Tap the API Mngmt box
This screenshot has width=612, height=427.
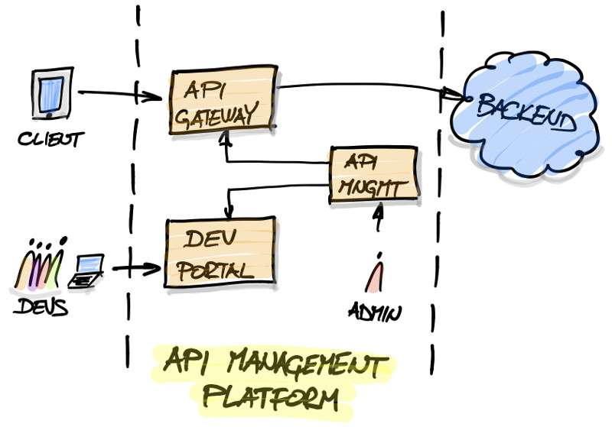click(x=373, y=175)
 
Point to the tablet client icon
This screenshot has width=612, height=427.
click(x=50, y=95)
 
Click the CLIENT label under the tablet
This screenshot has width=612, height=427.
click(x=50, y=140)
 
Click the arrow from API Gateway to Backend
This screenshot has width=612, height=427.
click(x=367, y=86)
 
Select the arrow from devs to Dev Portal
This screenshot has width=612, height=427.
click(x=136, y=269)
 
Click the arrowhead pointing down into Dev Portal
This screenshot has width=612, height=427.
click(x=226, y=212)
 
